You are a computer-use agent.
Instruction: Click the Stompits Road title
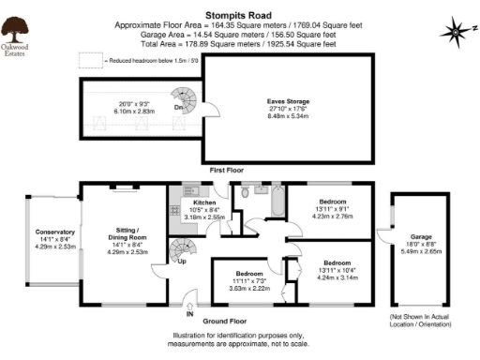tap(240, 7)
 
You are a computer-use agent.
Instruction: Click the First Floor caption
tap(227, 171)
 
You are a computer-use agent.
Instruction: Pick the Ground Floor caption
tap(226, 320)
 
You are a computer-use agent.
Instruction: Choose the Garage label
tap(420, 237)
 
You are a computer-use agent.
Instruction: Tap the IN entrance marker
tap(190, 301)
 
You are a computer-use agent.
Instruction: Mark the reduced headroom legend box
tap(90, 60)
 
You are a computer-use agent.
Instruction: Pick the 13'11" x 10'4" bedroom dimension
tap(337, 270)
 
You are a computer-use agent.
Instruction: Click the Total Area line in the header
tap(240, 43)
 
